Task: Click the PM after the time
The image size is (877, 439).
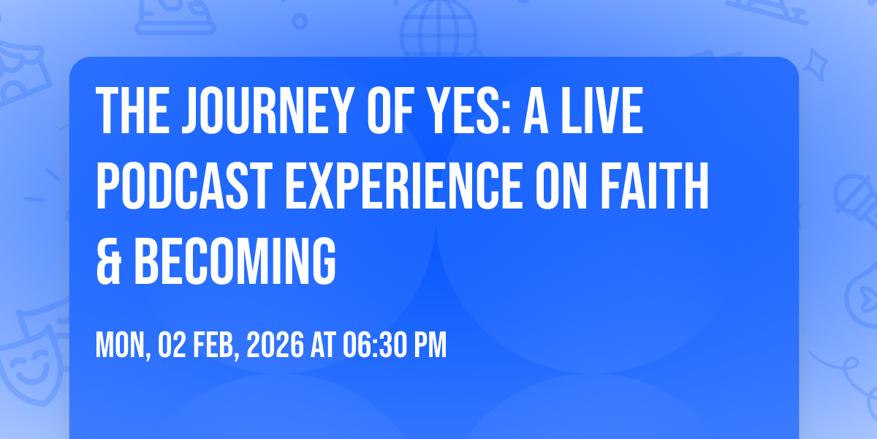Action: pos(430,345)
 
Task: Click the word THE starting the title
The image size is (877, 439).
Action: pos(128,111)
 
